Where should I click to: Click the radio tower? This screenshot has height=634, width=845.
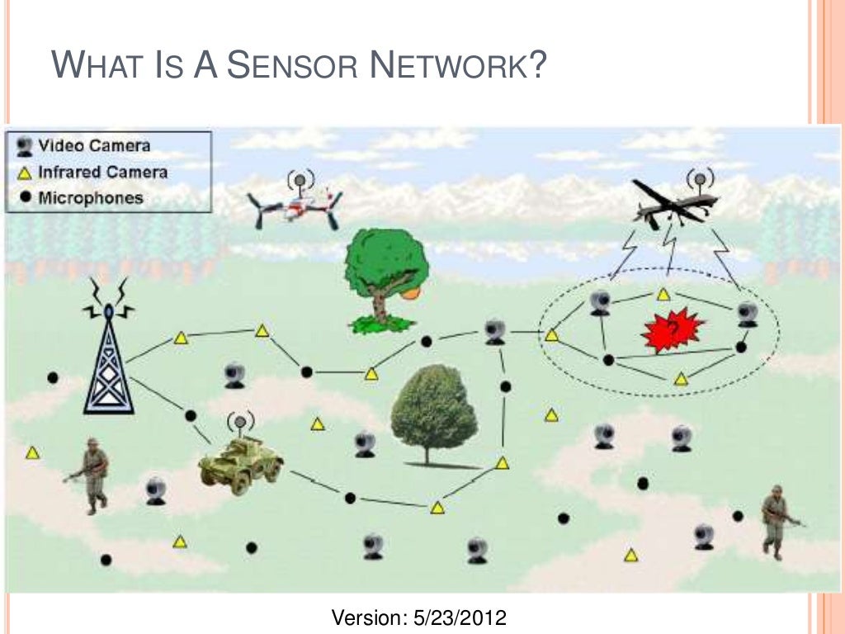click(x=108, y=355)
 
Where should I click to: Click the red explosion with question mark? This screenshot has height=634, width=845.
click(x=673, y=330)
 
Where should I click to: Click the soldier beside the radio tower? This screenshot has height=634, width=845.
click(x=92, y=475)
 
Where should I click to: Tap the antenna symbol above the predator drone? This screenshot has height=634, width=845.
click(x=700, y=177)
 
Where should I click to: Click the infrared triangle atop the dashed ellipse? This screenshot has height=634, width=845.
click(x=663, y=293)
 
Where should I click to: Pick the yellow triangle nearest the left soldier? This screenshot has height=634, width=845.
click(x=33, y=452)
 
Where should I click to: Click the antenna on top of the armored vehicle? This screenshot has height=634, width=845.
click(x=240, y=423)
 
